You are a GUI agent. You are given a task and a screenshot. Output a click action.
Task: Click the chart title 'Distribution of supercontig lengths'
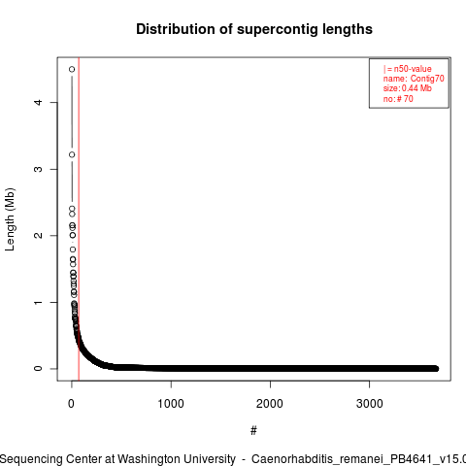pyautogui.click(x=254, y=29)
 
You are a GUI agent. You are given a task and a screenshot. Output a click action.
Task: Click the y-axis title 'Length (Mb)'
pyautogui.click(x=10, y=219)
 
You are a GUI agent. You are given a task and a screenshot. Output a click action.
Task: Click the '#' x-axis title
pyautogui.click(x=253, y=431)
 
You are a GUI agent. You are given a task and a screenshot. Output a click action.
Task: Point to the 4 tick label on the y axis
pyautogui.click(x=38, y=102)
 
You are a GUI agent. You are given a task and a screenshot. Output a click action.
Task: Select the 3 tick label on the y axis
pyautogui.click(x=38, y=169)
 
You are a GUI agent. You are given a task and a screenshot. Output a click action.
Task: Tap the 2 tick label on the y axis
pyautogui.click(x=38, y=235)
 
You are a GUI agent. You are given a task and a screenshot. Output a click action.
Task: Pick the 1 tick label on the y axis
pyautogui.click(x=38, y=302)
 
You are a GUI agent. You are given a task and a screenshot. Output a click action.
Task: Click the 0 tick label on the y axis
pyautogui.click(x=38, y=369)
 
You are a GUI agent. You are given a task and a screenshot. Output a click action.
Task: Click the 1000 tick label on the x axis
pyautogui.click(x=171, y=404)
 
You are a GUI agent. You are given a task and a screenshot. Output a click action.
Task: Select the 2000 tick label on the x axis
pyautogui.click(x=270, y=404)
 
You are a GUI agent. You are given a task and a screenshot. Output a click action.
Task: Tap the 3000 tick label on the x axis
pyautogui.click(x=369, y=404)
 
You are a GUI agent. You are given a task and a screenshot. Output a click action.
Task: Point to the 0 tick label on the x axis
pyautogui.click(x=71, y=404)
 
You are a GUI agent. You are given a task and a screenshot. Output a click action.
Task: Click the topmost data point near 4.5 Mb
pyautogui.click(x=72, y=69)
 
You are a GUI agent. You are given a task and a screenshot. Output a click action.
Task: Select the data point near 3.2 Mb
pyautogui.click(x=72, y=154)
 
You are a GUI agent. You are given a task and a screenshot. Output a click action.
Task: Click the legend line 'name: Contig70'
pyautogui.click(x=414, y=79)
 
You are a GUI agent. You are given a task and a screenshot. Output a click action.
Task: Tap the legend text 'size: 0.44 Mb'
pyautogui.click(x=408, y=88)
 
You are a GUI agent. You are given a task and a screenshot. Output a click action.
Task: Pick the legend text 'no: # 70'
pyautogui.click(x=398, y=98)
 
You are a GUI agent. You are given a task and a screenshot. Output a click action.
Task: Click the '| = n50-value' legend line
pyautogui.click(x=408, y=69)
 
